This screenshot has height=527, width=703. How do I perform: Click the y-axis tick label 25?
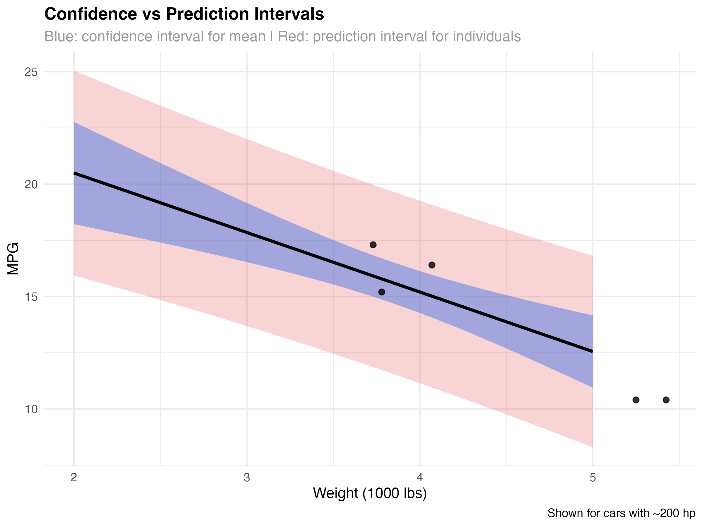click(x=31, y=72)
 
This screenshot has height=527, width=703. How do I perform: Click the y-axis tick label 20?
click(x=31, y=184)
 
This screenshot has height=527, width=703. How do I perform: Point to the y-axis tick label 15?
click(x=31, y=297)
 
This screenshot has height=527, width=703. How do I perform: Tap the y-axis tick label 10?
click(x=31, y=409)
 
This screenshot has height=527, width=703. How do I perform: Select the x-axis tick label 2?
click(x=74, y=478)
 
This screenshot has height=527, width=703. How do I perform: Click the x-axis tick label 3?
click(x=247, y=478)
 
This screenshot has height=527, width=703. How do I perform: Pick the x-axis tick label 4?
click(x=420, y=478)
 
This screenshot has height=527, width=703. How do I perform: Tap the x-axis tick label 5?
click(x=593, y=478)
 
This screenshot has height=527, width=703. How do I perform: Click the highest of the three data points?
click(x=373, y=244)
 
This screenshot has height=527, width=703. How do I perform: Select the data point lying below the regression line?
click(x=382, y=292)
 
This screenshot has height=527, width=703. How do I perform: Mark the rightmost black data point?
click(x=431, y=265)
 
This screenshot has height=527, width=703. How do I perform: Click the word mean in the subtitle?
click(x=247, y=37)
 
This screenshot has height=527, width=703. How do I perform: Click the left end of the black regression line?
click(x=74, y=173)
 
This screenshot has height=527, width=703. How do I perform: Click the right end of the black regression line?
click(x=592, y=351)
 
